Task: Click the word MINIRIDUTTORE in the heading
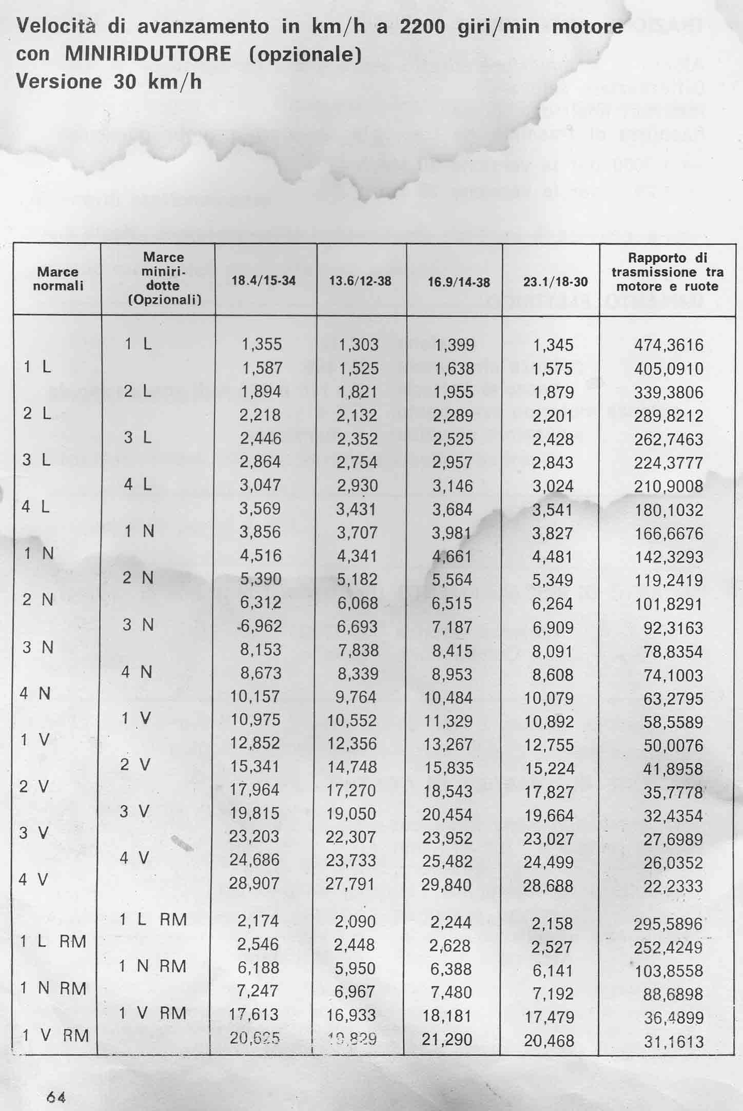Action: click(148, 54)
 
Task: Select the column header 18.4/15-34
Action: click(264, 281)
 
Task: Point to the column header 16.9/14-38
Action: click(459, 282)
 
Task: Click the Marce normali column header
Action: click(58, 279)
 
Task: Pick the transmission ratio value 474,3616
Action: click(669, 345)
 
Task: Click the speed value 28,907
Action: click(255, 883)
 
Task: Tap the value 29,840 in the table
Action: click(446, 884)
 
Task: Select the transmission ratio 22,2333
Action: click(673, 886)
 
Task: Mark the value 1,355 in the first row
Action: click(261, 344)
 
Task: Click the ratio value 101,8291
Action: click(669, 604)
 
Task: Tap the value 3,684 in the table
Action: click(452, 510)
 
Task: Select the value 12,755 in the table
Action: click(549, 745)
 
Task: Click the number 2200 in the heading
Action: click(422, 27)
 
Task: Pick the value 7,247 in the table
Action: click(258, 990)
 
